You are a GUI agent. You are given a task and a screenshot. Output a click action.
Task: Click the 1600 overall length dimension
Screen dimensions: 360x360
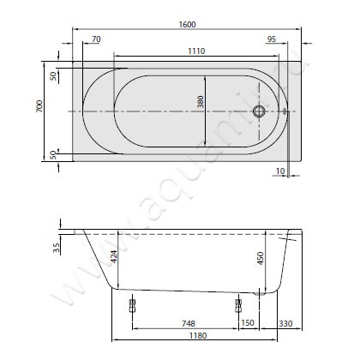(188, 24)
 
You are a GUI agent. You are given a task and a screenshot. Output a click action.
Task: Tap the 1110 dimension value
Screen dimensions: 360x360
(196, 51)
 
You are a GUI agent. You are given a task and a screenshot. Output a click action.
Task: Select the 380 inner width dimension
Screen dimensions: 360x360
(201, 102)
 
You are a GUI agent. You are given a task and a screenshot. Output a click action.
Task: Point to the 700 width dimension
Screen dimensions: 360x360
(39, 106)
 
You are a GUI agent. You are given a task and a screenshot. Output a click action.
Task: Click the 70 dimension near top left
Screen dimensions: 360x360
(96, 39)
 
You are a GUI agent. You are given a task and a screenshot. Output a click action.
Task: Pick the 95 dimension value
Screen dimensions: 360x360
(272, 39)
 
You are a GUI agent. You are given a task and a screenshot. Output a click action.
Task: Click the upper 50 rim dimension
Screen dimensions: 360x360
(53, 76)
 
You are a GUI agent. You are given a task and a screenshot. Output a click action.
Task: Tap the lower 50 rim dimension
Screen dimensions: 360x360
(53, 155)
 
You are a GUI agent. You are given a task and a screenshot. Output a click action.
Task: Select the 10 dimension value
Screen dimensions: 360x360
(280, 171)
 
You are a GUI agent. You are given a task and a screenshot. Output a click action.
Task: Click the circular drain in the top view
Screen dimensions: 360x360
(259, 111)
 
